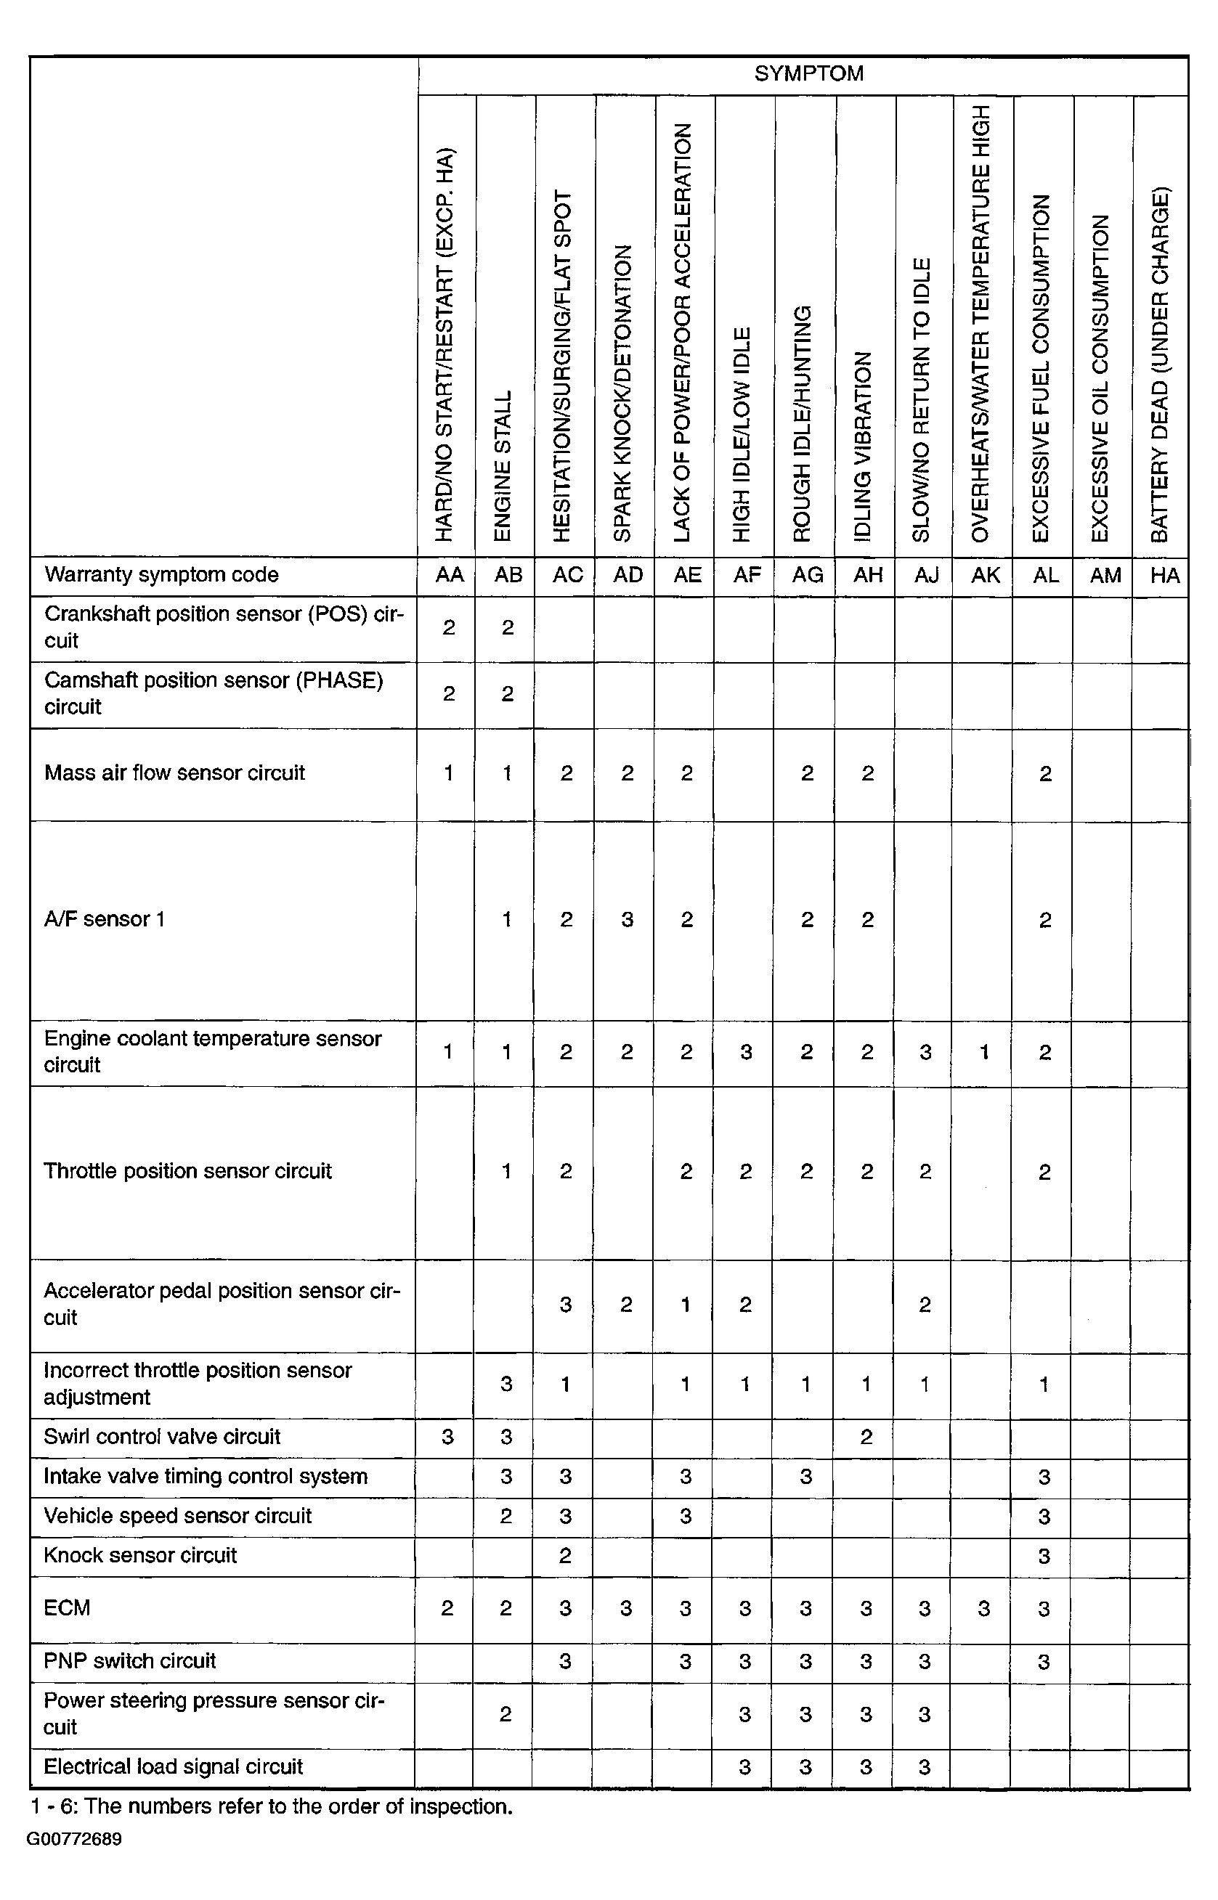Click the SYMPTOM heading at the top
[808, 74]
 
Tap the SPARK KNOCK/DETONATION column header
[623, 393]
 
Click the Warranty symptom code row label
[161, 575]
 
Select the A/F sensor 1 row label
[105, 918]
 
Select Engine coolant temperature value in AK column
[984, 1051]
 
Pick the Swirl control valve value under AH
[866, 1437]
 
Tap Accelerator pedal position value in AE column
[686, 1305]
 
